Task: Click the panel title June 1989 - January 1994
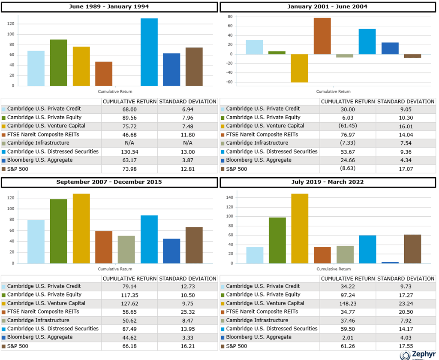pyautogui.click(x=109, y=6)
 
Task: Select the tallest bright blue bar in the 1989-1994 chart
pyautogui.click(x=149, y=52)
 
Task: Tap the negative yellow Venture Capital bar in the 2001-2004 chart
pyautogui.click(x=299, y=68)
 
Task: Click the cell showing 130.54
pyautogui.click(x=129, y=152)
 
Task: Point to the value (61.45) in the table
pyautogui.click(x=348, y=126)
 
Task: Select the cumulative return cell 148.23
pyautogui.click(x=348, y=303)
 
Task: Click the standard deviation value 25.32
pyautogui.click(x=188, y=312)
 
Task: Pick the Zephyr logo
pyautogui.click(x=418, y=355)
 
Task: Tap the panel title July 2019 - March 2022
pyautogui.click(x=328, y=182)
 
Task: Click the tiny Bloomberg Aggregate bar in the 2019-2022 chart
pyautogui.click(x=390, y=263)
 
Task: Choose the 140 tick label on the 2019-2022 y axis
pyautogui.click(x=230, y=197)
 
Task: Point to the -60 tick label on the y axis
pyautogui.click(x=229, y=82)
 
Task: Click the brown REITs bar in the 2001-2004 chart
pyautogui.click(x=322, y=36)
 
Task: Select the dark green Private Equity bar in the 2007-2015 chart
pyautogui.click(x=58, y=231)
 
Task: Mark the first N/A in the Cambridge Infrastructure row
pyautogui.click(x=129, y=143)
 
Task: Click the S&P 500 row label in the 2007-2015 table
pyautogui.click(x=18, y=346)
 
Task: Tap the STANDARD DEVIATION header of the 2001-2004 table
pyautogui.click(x=406, y=101)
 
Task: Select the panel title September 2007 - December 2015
pyautogui.click(x=109, y=182)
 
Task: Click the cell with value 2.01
pyautogui.click(x=348, y=338)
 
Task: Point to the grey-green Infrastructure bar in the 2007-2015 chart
pyautogui.click(x=126, y=250)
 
